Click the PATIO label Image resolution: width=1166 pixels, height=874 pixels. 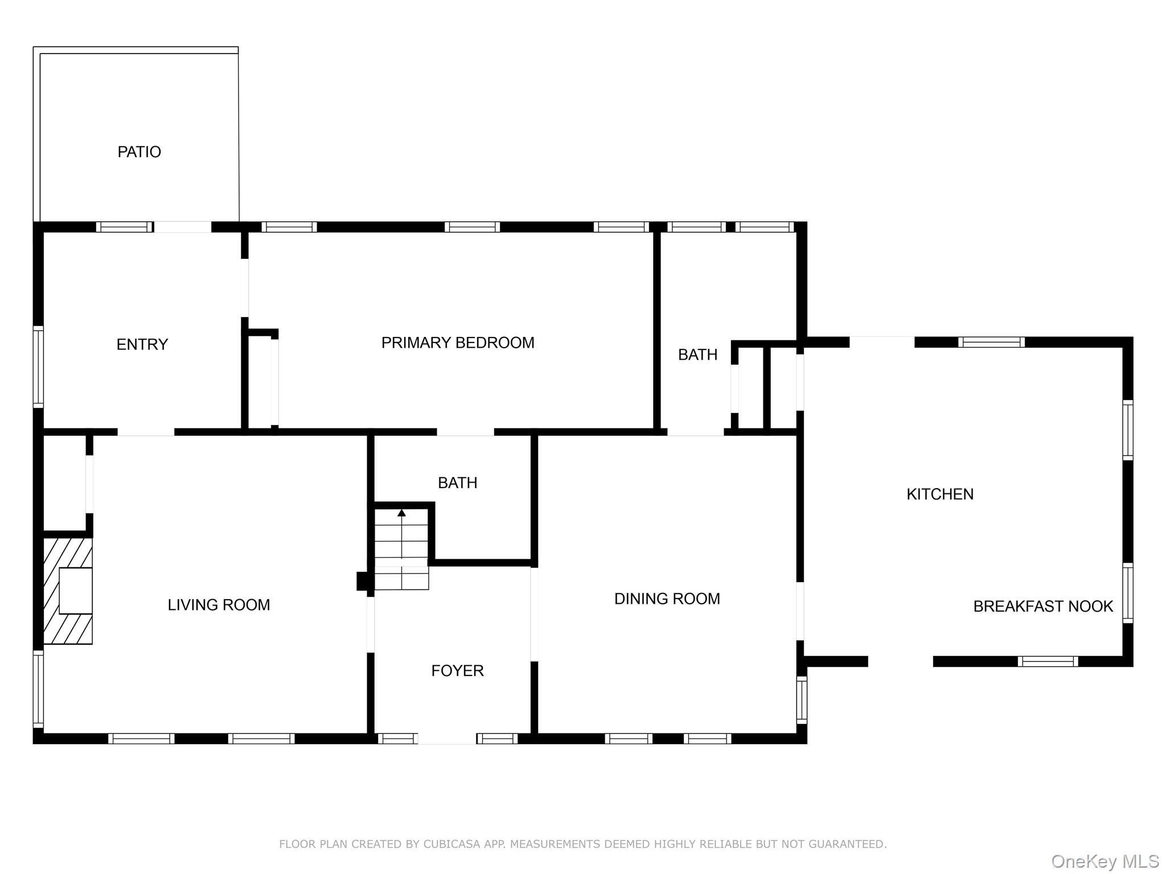click(139, 152)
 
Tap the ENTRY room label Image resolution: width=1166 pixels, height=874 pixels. click(142, 344)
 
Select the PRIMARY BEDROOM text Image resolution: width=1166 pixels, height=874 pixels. click(457, 343)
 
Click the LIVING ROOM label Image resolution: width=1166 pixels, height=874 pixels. click(219, 605)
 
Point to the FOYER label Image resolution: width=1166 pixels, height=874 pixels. click(457, 671)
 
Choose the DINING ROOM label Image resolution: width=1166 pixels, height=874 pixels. click(667, 599)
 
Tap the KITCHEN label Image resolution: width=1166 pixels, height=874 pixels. click(939, 494)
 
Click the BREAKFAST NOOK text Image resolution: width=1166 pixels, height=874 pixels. click(1042, 607)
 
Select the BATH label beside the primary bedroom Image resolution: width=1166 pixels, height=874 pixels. click(697, 354)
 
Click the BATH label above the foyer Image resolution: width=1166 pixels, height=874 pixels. click(457, 483)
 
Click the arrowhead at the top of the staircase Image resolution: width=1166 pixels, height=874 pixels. click(401, 513)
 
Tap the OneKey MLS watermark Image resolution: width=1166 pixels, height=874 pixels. click(1105, 861)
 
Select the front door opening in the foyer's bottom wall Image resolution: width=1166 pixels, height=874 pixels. click(447, 739)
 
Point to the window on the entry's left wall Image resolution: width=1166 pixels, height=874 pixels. click(38, 367)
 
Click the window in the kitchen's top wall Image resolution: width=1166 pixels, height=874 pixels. click(991, 342)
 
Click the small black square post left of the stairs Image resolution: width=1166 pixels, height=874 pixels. click(363, 581)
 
